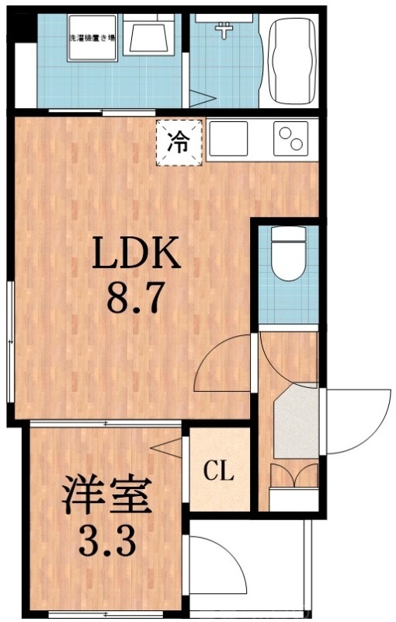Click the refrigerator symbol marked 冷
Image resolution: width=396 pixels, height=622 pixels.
point(179,142)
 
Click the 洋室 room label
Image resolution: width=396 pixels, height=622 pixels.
point(106,498)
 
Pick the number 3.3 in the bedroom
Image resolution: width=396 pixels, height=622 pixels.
point(106,540)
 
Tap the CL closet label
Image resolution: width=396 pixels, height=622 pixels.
point(219,471)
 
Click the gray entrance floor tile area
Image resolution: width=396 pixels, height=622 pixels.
point(297,420)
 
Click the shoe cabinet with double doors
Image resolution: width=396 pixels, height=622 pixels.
point(294,475)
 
